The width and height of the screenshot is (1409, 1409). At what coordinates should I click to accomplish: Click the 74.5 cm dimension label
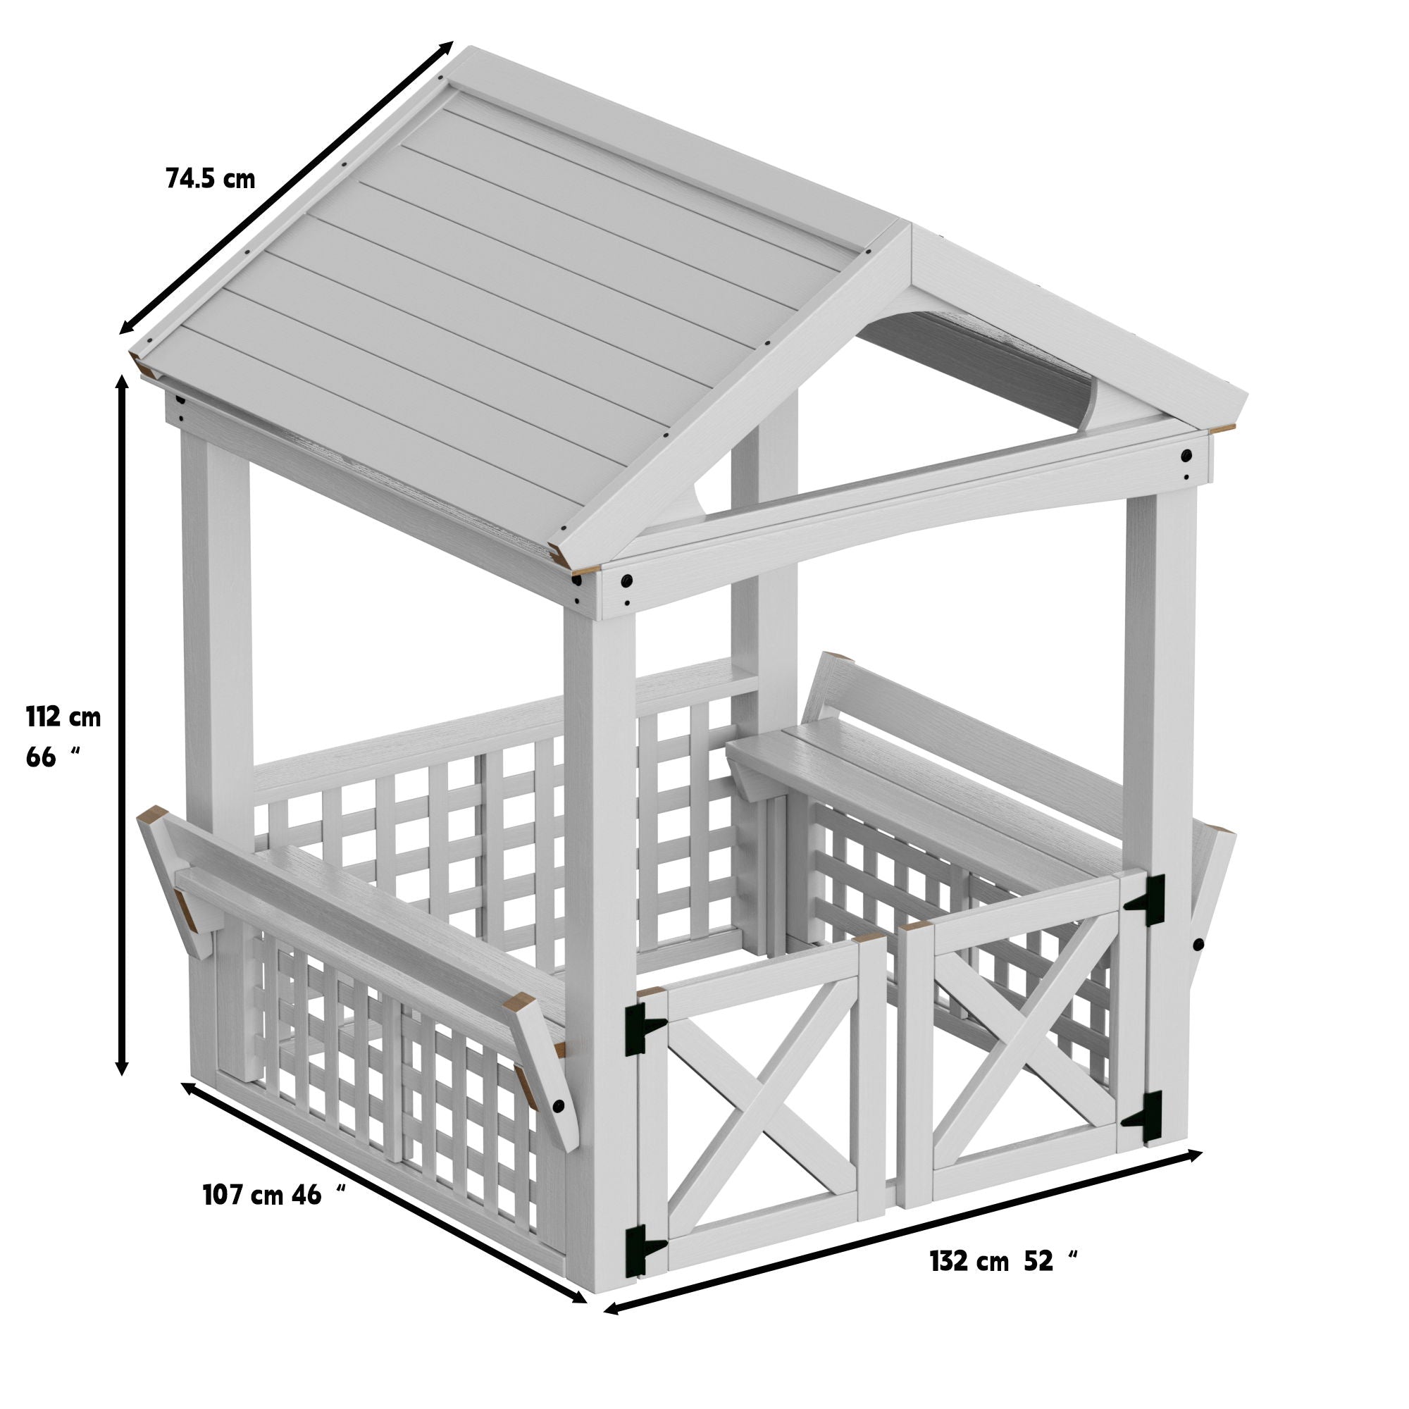[211, 179]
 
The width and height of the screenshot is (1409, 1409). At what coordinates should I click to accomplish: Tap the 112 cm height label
[63, 718]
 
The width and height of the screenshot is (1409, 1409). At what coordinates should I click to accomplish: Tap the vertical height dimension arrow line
[123, 729]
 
